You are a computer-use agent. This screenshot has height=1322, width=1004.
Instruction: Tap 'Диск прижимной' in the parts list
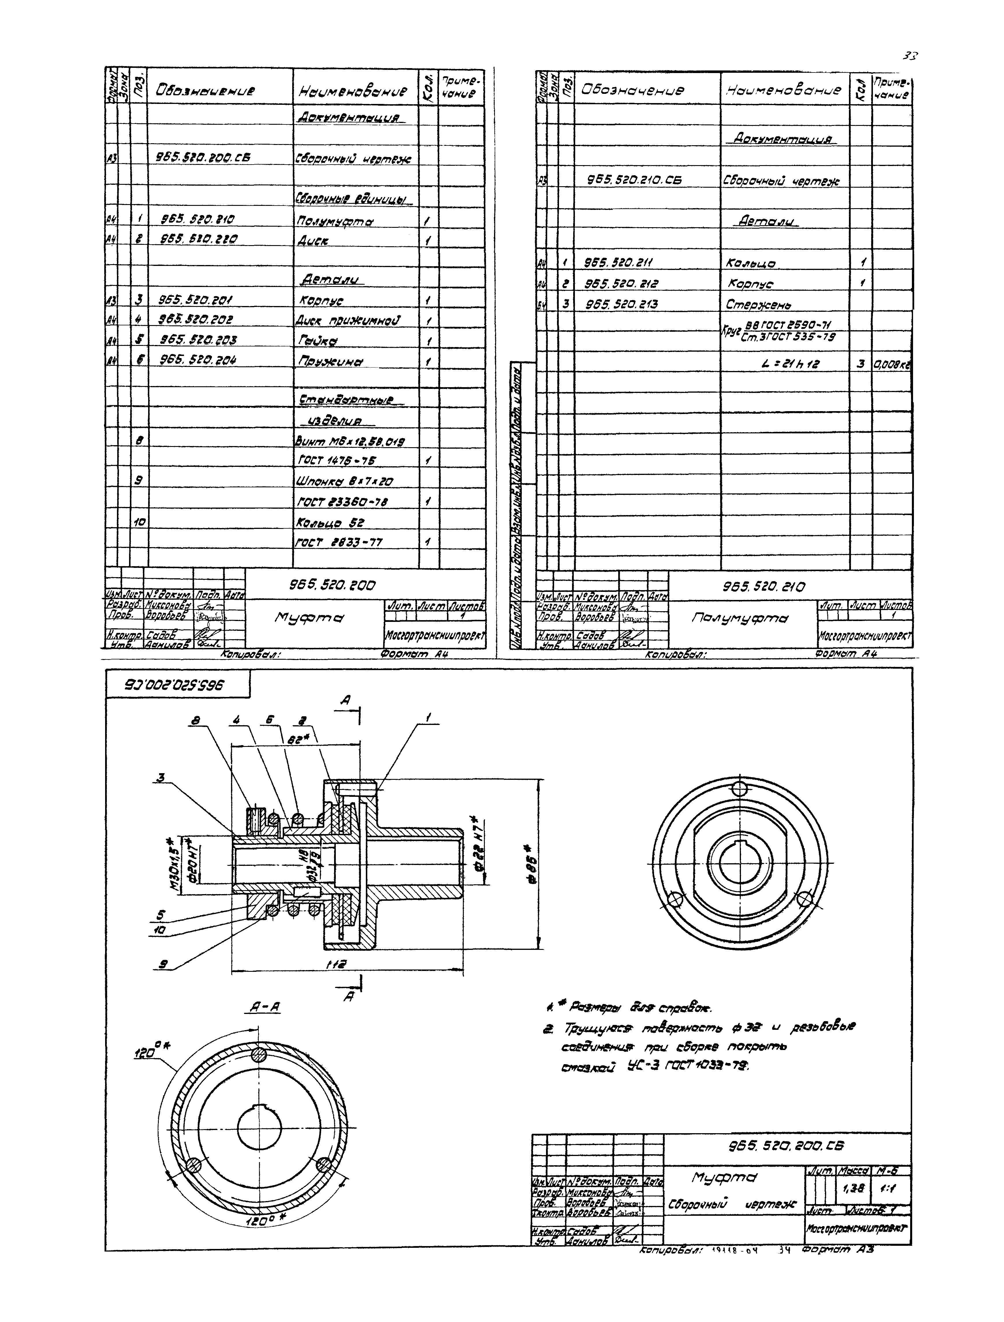point(348,321)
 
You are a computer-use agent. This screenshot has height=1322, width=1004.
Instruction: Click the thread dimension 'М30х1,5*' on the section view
point(176,861)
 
